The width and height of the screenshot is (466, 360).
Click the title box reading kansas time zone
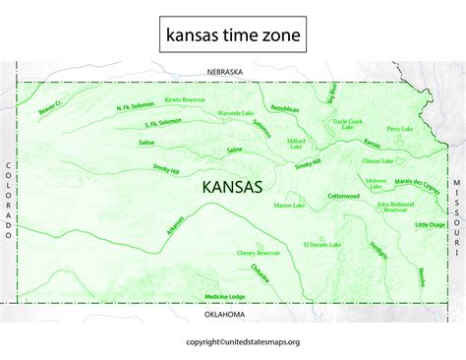[x=232, y=36]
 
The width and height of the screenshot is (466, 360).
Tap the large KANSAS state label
[x=232, y=186]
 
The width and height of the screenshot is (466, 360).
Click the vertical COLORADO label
[x=9, y=201]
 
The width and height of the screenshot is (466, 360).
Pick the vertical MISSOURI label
[x=457, y=206]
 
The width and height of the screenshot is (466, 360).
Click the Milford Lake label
[x=296, y=144]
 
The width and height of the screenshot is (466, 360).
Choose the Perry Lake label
[x=399, y=128]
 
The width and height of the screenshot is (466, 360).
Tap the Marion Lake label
[x=290, y=205]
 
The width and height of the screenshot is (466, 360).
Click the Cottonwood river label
[x=343, y=195]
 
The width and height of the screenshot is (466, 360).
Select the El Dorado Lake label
[x=321, y=243]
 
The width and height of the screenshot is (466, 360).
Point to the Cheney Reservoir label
[x=260, y=253]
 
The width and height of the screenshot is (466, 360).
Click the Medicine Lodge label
[x=224, y=296]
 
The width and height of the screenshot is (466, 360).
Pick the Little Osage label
[x=431, y=225]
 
